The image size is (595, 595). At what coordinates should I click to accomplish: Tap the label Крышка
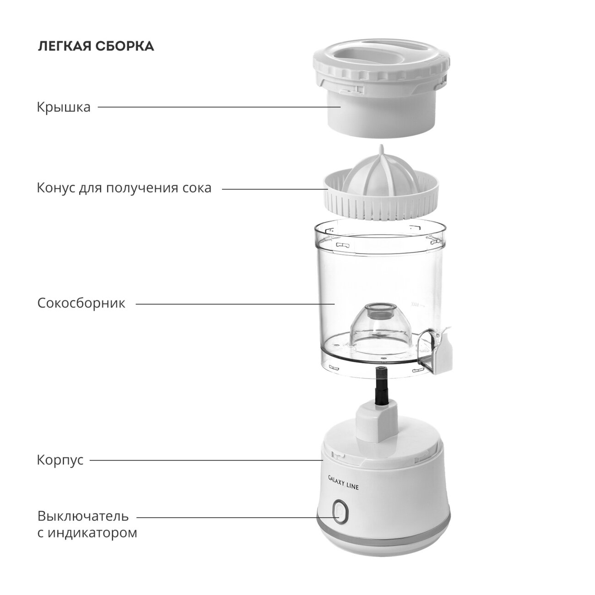click(64, 108)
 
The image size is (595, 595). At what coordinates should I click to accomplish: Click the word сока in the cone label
click(197, 188)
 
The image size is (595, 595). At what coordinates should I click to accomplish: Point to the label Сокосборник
click(81, 303)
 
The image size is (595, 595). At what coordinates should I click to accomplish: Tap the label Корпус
click(60, 460)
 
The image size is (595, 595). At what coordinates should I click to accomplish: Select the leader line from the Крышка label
click(219, 107)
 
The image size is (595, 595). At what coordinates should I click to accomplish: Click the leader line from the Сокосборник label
click(235, 304)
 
